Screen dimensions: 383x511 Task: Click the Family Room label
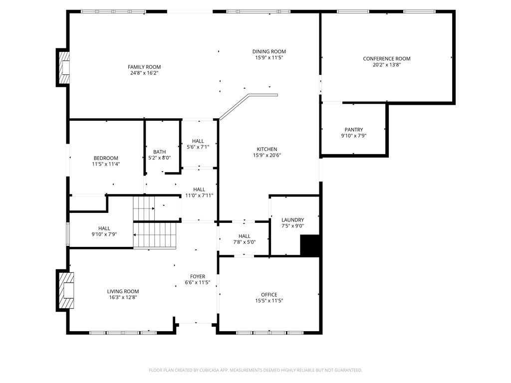pyautogui.click(x=144, y=67)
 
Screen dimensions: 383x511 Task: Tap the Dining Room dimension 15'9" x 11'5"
pyautogui.click(x=269, y=58)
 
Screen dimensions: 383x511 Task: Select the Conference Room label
pyautogui.click(x=387, y=59)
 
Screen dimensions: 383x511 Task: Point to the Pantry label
pyautogui.click(x=354, y=130)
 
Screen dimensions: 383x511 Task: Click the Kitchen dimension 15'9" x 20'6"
pyautogui.click(x=267, y=155)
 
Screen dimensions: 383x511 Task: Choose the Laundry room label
pyautogui.click(x=292, y=220)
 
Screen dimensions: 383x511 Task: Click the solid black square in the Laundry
pyautogui.click(x=309, y=245)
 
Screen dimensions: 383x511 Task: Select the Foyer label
pyautogui.click(x=197, y=276)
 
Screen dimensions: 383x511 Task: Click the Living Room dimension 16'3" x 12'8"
pyautogui.click(x=123, y=297)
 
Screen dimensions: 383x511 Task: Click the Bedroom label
pyautogui.click(x=106, y=158)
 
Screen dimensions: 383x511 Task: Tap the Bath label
pyautogui.click(x=160, y=152)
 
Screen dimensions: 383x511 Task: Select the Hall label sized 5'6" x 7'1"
pyautogui.click(x=198, y=141)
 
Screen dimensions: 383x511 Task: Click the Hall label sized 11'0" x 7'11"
pyautogui.click(x=199, y=190)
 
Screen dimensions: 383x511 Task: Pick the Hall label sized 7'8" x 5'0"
pyautogui.click(x=245, y=236)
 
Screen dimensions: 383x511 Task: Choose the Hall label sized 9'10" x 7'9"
pyautogui.click(x=104, y=228)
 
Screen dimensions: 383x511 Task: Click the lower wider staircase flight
pyautogui.click(x=155, y=235)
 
